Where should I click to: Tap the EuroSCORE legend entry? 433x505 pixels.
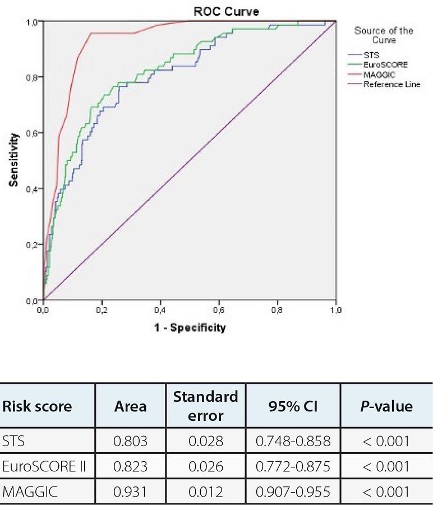click(x=385, y=65)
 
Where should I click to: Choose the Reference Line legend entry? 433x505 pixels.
click(x=391, y=84)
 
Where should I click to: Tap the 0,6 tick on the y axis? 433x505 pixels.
click(x=33, y=133)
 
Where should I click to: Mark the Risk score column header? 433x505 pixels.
click(x=38, y=406)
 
